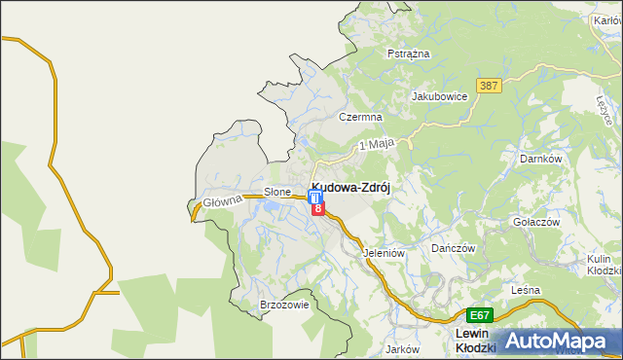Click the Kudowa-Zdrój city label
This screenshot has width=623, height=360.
(351, 189)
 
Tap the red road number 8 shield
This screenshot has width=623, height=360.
(317, 208)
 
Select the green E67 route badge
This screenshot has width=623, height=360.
(479, 315)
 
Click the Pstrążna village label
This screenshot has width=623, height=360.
(409, 54)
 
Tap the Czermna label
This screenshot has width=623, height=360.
(357, 116)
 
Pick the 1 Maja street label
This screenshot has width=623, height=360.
(376, 144)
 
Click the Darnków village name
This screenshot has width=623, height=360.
(542, 158)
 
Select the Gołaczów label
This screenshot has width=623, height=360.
(536, 222)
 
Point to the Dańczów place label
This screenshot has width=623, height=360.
(453, 248)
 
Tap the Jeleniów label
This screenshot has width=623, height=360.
(384, 253)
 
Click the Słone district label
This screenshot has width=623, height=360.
(278, 192)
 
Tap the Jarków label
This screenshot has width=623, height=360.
(402, 348)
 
